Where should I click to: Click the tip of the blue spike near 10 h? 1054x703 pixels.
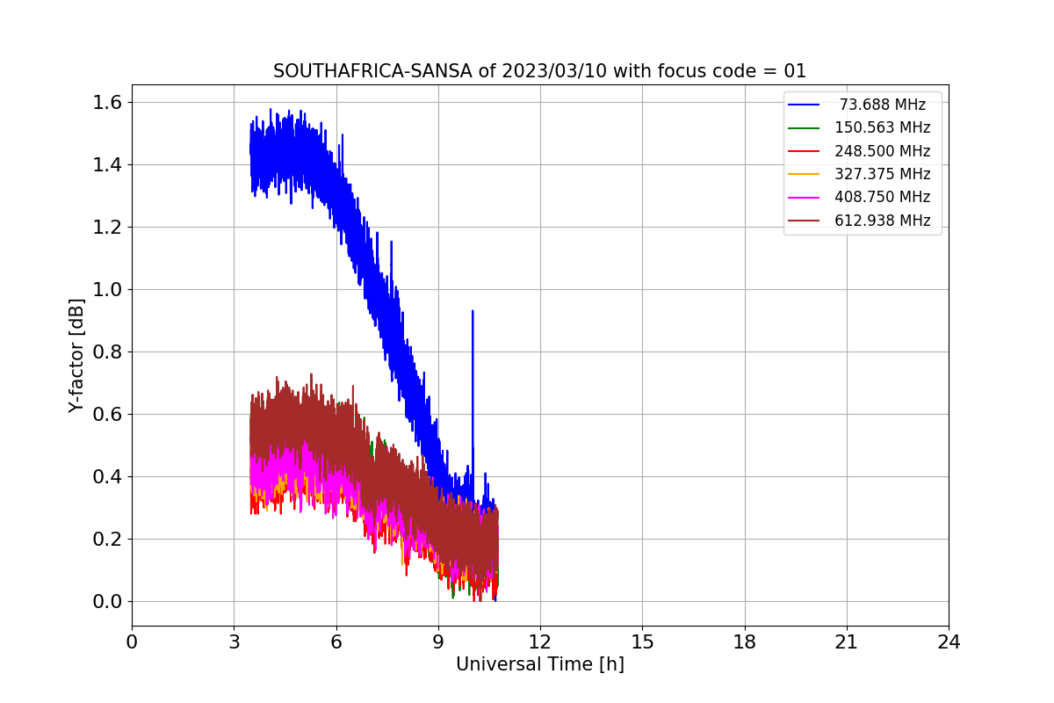click(x=473, y=311)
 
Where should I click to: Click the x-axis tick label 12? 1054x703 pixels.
click(x=540, y=642)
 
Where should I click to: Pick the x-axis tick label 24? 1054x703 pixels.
click(x=949, y=642)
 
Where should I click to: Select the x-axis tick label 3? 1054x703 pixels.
click(x=234, y=642)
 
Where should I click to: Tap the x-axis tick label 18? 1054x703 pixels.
click(x=744, y=642)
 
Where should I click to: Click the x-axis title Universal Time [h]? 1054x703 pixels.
click(x=539, y=665)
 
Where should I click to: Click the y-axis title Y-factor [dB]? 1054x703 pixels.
click(x=77, y=356)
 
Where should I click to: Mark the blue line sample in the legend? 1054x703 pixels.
click(x=804, y=105)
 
